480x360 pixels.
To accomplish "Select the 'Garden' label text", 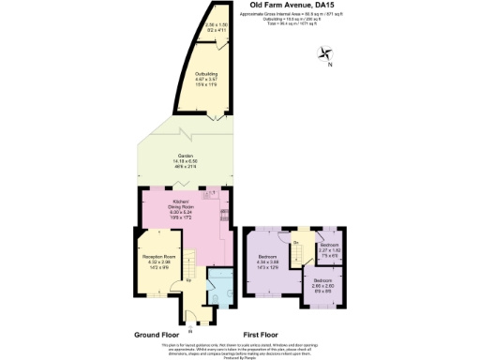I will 184,156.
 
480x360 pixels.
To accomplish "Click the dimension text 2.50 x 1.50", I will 217,27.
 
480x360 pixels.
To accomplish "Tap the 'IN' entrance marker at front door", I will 188,331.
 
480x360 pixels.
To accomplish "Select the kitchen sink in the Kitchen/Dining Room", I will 225,212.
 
